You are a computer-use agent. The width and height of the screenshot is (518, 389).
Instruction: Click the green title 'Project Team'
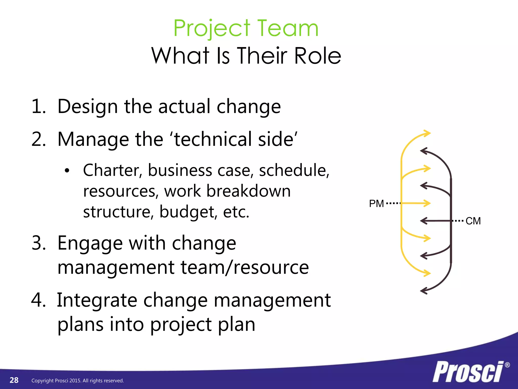pos(246,28)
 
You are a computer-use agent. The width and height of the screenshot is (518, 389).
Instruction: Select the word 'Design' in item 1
pos(88,106)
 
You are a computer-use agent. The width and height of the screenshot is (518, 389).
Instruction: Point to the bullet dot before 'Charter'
pos(67,171)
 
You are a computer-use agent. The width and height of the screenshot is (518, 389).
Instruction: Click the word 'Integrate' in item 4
pos(97,300)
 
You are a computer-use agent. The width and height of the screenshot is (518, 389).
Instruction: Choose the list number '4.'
pos(39,300)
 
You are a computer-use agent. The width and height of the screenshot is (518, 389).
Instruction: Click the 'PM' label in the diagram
pos(376,204)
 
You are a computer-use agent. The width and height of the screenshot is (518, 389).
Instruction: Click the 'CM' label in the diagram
pos(473,221)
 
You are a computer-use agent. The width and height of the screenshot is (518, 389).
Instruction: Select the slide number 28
pos(14,380)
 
